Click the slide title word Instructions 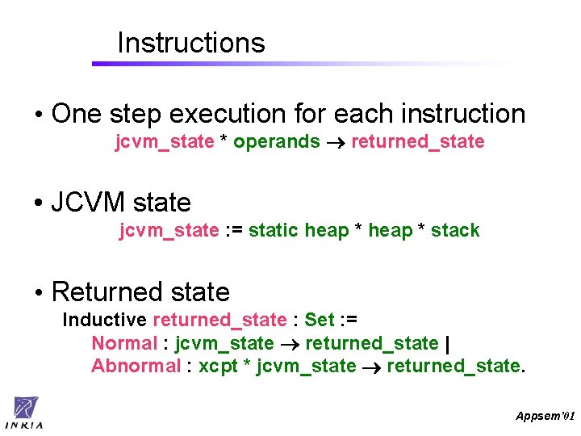click(190, 43)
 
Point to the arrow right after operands click(336, 143)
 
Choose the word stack click(455, 231)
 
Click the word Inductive click(104, 320)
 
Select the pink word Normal click(123, 343)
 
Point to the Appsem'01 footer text click(545, 415)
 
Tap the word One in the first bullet click(77, 114)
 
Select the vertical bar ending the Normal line click(447, 343)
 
